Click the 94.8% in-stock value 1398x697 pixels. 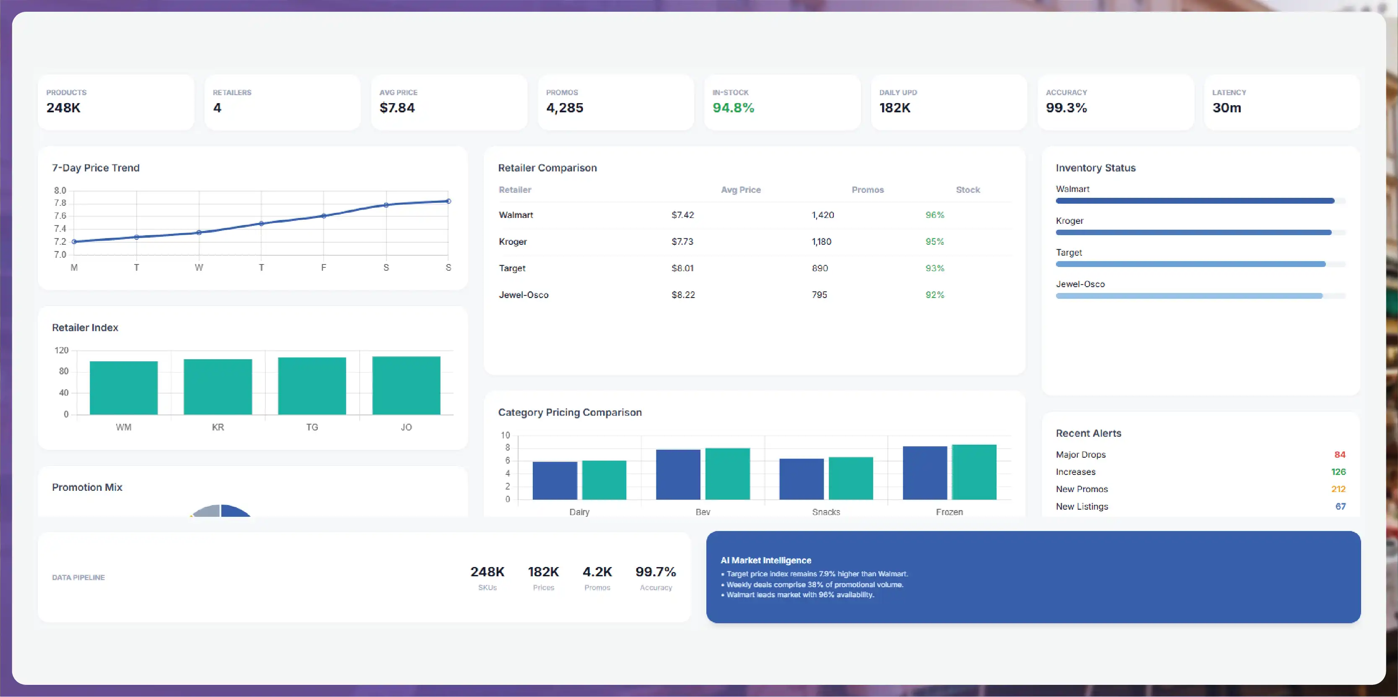(x=733, y=107)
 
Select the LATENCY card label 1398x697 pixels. (x=1229, y=92)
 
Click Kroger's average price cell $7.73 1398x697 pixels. (x=682, y=241)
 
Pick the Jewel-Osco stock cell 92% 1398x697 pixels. (x=934, y=295)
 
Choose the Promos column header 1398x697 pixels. (x=867, y=190)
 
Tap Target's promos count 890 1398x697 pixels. (x=820, y=268)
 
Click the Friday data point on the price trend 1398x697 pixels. (x=324, y=216)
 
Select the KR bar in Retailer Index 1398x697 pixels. (x=218, y=387)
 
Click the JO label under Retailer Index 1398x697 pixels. (x=406, y=428)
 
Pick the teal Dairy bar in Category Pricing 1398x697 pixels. (x=604, y=480)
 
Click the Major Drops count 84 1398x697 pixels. (x=1339, y=455)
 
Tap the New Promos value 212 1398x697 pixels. (x=1338, y=489)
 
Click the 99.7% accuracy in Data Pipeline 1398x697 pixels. (x=656, y=572)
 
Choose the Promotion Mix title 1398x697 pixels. (x=87, y=487)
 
